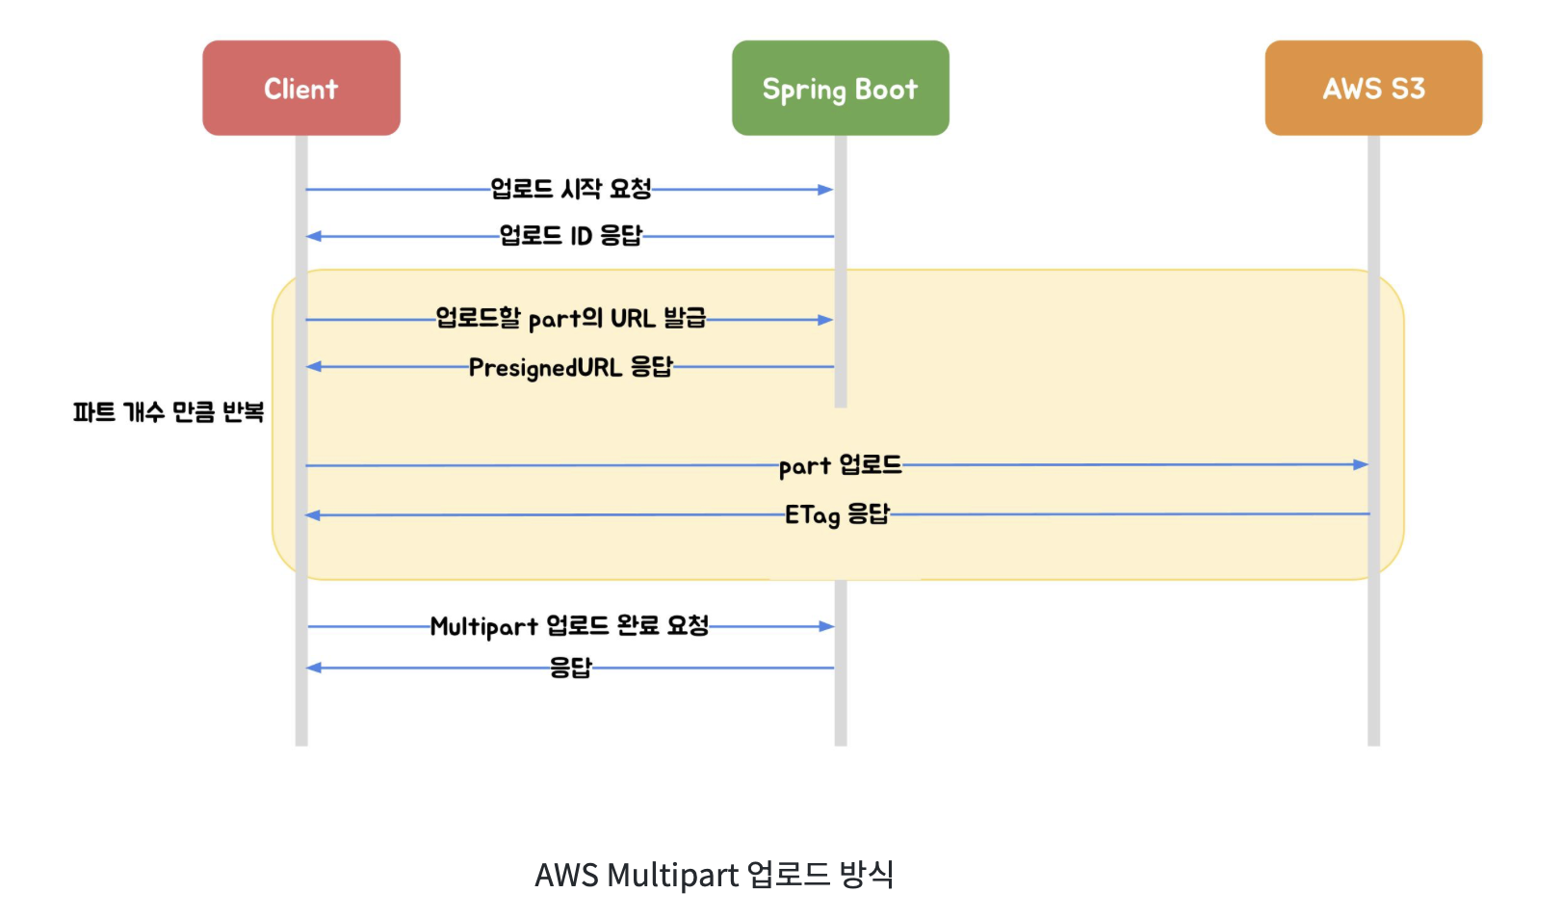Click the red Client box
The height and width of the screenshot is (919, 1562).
point(300,88)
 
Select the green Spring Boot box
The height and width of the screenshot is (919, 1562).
point(840,88)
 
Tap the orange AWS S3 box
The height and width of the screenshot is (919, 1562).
point(1372,88)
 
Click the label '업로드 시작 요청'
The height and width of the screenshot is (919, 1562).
point(571,189)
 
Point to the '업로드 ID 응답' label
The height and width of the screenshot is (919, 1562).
point(570,236)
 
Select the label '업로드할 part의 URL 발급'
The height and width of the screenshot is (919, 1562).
point(570,319)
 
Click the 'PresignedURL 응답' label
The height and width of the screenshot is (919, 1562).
point(570,367)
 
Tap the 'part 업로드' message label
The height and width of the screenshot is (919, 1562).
point(840,465)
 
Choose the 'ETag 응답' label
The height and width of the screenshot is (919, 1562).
point(837,514)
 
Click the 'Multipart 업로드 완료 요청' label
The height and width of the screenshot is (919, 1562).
point(569,626)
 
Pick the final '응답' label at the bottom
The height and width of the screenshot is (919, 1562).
point(570,668)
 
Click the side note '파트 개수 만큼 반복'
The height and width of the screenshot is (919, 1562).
point(168,412)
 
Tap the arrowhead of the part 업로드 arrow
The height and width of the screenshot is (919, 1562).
point(1361,464)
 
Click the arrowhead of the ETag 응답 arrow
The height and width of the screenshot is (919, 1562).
point(313,515)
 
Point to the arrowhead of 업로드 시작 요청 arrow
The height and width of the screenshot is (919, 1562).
point(825,190)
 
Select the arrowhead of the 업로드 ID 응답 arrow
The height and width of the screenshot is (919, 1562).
point(314,236)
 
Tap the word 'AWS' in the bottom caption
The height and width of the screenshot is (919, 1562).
point(566,875)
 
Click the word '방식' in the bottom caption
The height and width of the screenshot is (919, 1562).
point(867,875)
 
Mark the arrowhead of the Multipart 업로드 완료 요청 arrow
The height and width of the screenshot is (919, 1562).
point(826,626)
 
